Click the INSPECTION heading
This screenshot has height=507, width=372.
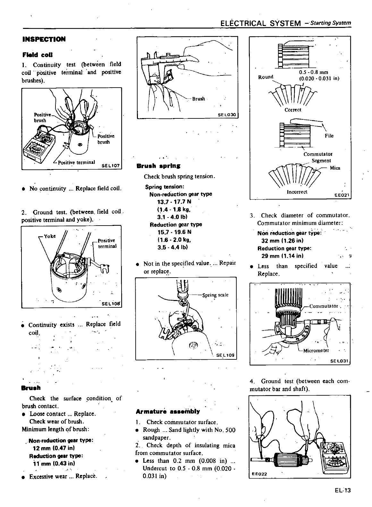tap(44, 39)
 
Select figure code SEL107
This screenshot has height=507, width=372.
tap(110, 166)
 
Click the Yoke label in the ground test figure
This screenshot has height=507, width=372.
tap(50, 236)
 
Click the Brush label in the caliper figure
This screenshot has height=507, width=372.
tap(198, 99)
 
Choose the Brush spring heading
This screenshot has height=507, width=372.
tap(158, 166)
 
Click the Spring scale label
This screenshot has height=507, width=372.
tap(215, 295)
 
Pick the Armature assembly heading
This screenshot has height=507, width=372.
tap(168, 411)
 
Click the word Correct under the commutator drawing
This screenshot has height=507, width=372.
tap(293, 110)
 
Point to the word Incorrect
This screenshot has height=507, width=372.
tap(297, 192)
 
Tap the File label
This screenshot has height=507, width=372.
tap(329, 136)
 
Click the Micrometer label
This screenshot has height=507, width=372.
tap(316, 350)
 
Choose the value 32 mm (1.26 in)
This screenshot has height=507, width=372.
tap(282, 241)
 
